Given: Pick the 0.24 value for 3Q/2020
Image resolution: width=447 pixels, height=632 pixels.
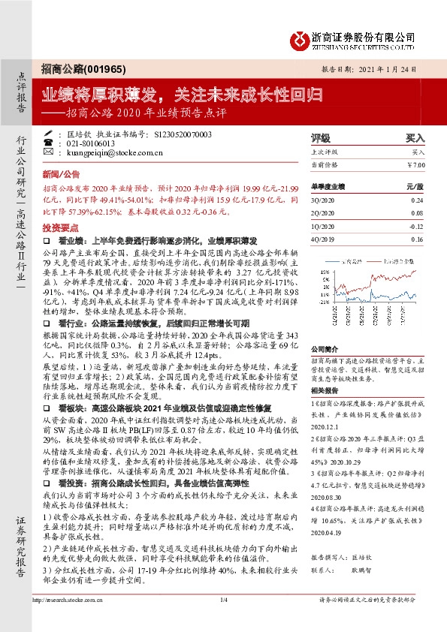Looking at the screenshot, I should coord(417,200).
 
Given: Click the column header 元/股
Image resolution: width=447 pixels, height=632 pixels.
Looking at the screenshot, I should coord(415,186).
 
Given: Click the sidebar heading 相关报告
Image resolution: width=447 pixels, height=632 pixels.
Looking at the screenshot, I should coord(325,390).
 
